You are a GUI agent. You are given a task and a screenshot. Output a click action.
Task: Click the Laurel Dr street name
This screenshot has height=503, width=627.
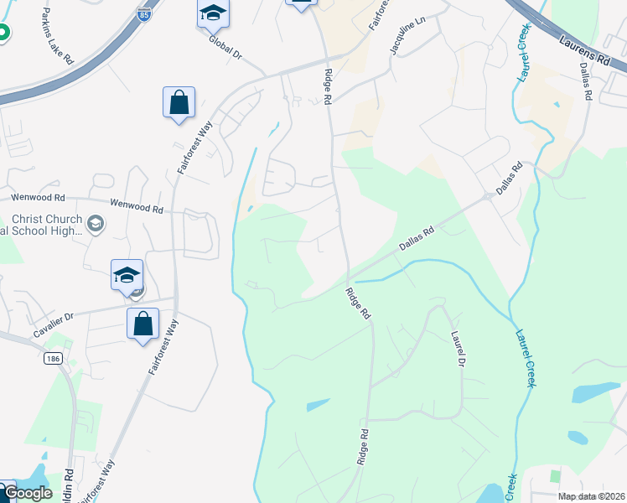coord(458,349)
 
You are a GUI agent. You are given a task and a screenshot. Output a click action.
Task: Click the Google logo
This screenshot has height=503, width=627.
coord(27,493)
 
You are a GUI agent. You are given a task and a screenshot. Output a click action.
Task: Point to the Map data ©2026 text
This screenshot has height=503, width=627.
coord(590,496)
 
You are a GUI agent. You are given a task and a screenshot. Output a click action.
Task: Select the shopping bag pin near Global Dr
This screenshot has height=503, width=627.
coord(179,103)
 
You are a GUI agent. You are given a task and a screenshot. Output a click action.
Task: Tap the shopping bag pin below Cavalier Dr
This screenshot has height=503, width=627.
coord(142,324)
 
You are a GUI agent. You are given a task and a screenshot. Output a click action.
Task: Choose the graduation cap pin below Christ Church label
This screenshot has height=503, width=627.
coord(127,275)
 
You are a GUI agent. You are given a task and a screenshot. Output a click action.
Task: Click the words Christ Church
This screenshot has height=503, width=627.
coord(47,220)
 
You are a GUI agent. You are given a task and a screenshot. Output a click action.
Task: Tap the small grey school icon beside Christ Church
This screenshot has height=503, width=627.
coord(95,223)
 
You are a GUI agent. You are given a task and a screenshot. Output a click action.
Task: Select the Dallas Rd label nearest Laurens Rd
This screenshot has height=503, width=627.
coord(587,85)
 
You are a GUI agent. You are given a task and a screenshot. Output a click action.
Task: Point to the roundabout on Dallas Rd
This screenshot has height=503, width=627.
coord(488,197)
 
